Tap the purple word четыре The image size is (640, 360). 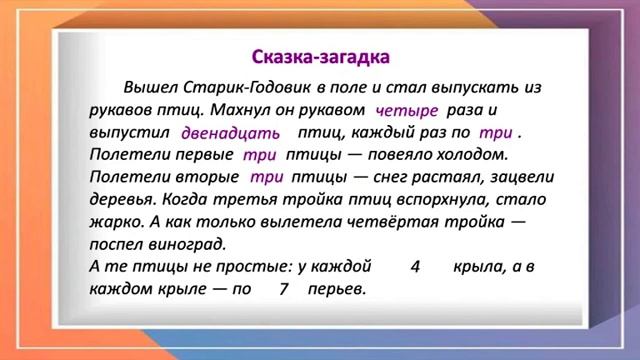[407, 111]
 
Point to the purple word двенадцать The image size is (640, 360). [230, 133]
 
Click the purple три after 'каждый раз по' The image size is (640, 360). [496, 133]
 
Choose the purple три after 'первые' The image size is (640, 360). [259, 156]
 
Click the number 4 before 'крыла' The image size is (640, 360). [415, 268]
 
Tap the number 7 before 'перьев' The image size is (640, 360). [284, 290]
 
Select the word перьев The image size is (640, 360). [337, 290]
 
